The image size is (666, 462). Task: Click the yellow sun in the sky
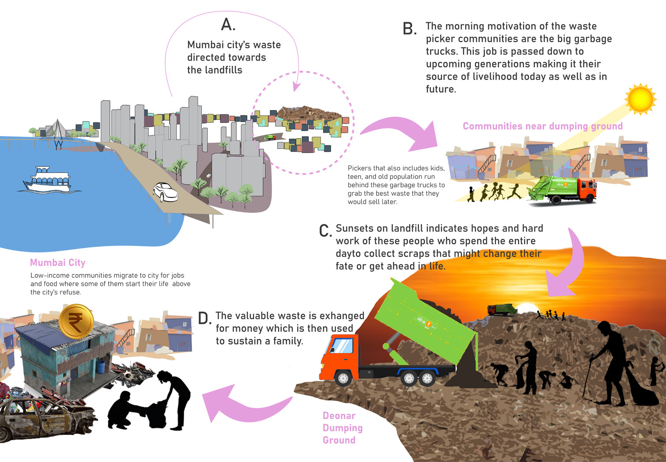point(640,99)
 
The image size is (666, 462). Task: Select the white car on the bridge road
point(165,192)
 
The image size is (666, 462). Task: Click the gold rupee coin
point(76,321)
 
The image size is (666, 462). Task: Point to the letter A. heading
point(228,25)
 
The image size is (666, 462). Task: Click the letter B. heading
point(410,29)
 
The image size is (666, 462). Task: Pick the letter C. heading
point(325,231)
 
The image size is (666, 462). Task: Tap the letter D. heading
point(204,318)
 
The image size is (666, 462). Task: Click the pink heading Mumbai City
point(58,263)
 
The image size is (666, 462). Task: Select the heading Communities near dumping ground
point(542,126)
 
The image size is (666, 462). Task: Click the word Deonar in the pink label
point(339,416)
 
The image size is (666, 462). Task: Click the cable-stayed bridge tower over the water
point(57,130)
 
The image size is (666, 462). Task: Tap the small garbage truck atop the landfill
point(501,309)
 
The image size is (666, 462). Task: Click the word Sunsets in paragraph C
point(357,228)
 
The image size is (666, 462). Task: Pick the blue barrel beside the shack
point(101,366)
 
